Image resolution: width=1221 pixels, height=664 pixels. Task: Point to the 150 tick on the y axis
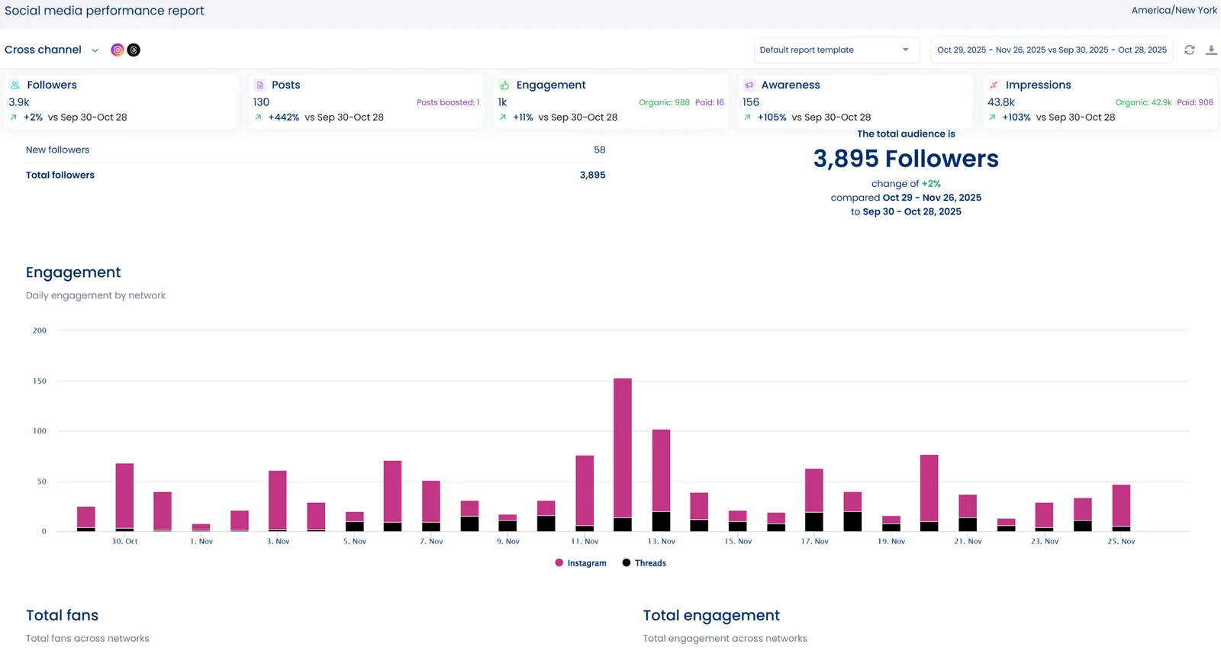point(40,381)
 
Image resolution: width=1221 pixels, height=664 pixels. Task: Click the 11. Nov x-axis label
point(585,541)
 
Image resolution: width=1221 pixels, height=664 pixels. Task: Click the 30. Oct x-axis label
point(125,541)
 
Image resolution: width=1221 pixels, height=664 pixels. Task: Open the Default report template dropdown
point(836,50)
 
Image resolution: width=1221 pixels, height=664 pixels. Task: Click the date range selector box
point(1052,50)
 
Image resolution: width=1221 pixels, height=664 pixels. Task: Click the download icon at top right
point(1211,50)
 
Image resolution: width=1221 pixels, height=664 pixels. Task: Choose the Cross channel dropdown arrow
point(95,50)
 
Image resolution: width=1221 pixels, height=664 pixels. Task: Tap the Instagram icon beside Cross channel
point(118,50)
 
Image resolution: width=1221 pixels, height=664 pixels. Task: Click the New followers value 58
point(599,150)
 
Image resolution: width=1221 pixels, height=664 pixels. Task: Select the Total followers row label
point(60,176)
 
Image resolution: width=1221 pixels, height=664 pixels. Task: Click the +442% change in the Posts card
point(283,118)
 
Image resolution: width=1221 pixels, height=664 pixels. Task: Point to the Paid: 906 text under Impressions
point(1194,102)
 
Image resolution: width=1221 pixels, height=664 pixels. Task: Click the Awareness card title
point(790,85)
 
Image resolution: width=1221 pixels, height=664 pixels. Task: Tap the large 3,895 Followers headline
point(906,159)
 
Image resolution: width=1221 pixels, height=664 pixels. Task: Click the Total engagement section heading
point(710,615)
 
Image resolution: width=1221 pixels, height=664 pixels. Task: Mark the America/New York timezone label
point(1174,11)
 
